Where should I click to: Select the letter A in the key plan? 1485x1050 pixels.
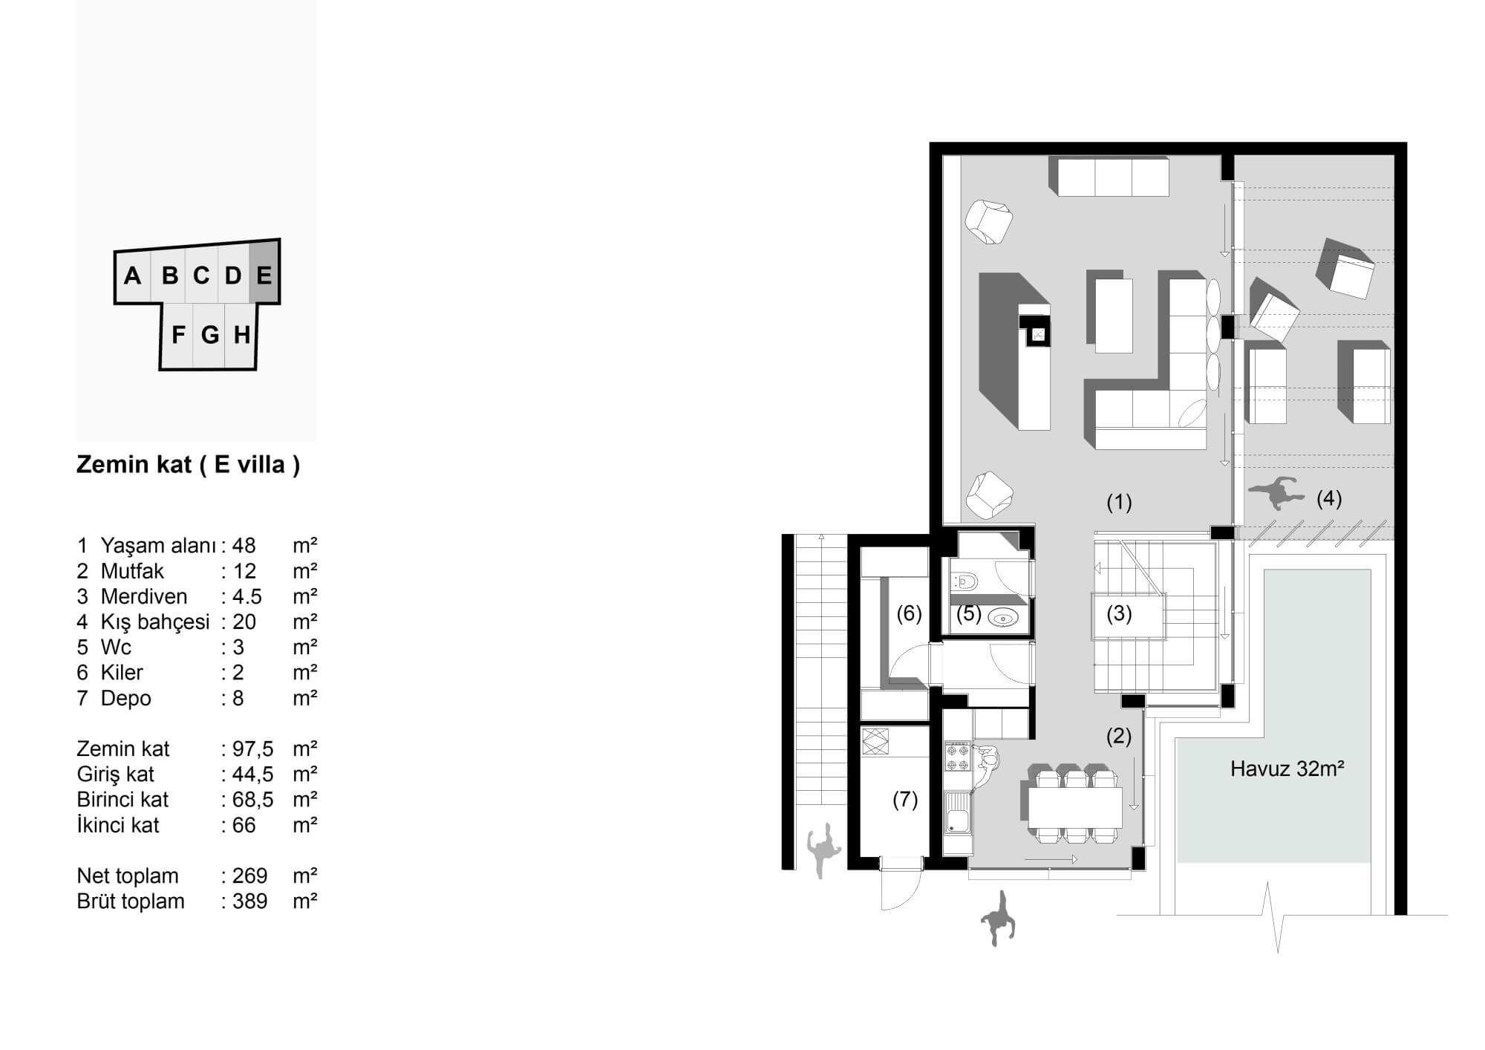click(x=132, y=276)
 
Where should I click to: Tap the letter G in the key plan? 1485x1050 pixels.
click(x=210, y=336)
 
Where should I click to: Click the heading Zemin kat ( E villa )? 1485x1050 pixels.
click(x=189, y=465)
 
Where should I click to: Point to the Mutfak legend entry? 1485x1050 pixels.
click(x=132, y=571)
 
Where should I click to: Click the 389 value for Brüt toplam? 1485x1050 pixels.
click(x=249, y=901)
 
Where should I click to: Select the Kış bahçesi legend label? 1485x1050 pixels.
click(x=155, y=622)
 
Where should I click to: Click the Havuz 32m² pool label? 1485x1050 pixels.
click(x=1287, y=769)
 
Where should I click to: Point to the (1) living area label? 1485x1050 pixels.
click(x=1119, y=503)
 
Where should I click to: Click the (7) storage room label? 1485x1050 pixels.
click(x=905, y=800)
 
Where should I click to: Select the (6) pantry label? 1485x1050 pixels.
click(x=909, y=613)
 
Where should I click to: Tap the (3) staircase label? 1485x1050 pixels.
click(x=1119, y=614)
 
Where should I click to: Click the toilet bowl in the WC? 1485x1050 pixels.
click(x=963, y=579)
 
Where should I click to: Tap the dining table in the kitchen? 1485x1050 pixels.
click(x=1075, y=806)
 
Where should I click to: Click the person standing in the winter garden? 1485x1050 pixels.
click(x=1277, y=492)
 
